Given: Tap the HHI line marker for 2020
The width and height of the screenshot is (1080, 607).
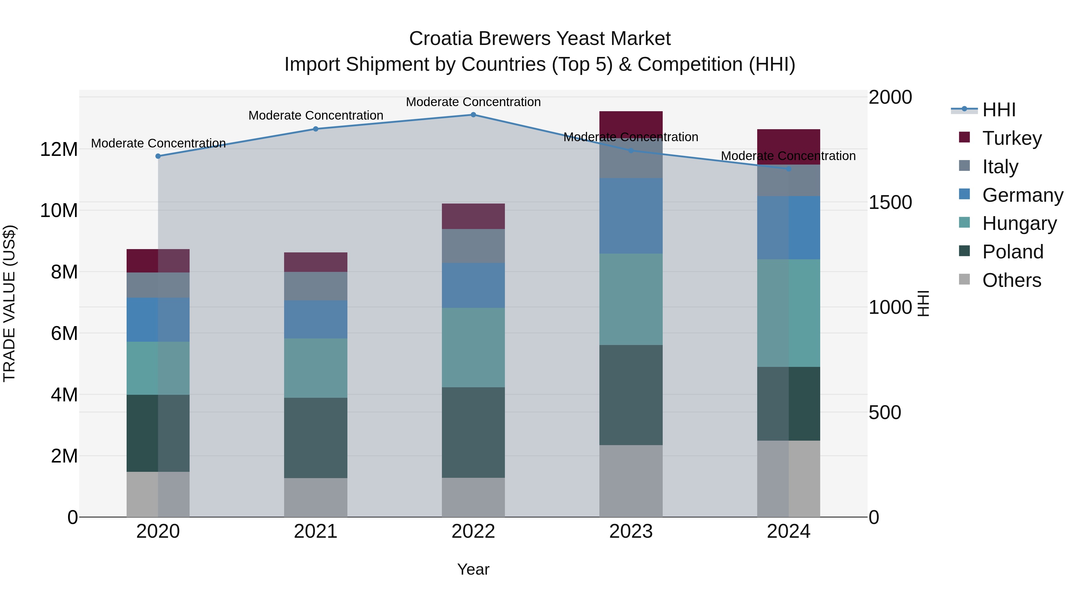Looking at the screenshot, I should pos(158,156).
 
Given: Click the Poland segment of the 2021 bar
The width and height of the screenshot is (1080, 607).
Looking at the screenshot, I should pos(316,438).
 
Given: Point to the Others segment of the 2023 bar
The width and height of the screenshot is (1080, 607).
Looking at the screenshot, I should pos(631,481).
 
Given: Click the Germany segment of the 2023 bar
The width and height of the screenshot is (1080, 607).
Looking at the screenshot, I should pos(631,216).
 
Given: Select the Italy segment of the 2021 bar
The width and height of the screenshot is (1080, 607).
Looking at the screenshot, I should pos(316,286).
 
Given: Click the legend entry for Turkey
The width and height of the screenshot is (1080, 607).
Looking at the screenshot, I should pos(1011,138).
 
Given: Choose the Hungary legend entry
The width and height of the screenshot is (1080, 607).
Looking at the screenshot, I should pos(1019,223).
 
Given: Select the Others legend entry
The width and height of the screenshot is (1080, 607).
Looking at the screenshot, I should pos(1011,280).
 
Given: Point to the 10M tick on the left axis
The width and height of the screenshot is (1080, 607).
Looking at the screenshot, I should pos(59,210).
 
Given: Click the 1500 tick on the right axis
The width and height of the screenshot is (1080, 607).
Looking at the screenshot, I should pos(890,202).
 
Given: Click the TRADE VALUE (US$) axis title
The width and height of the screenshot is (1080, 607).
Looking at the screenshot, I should pos(9,303).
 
